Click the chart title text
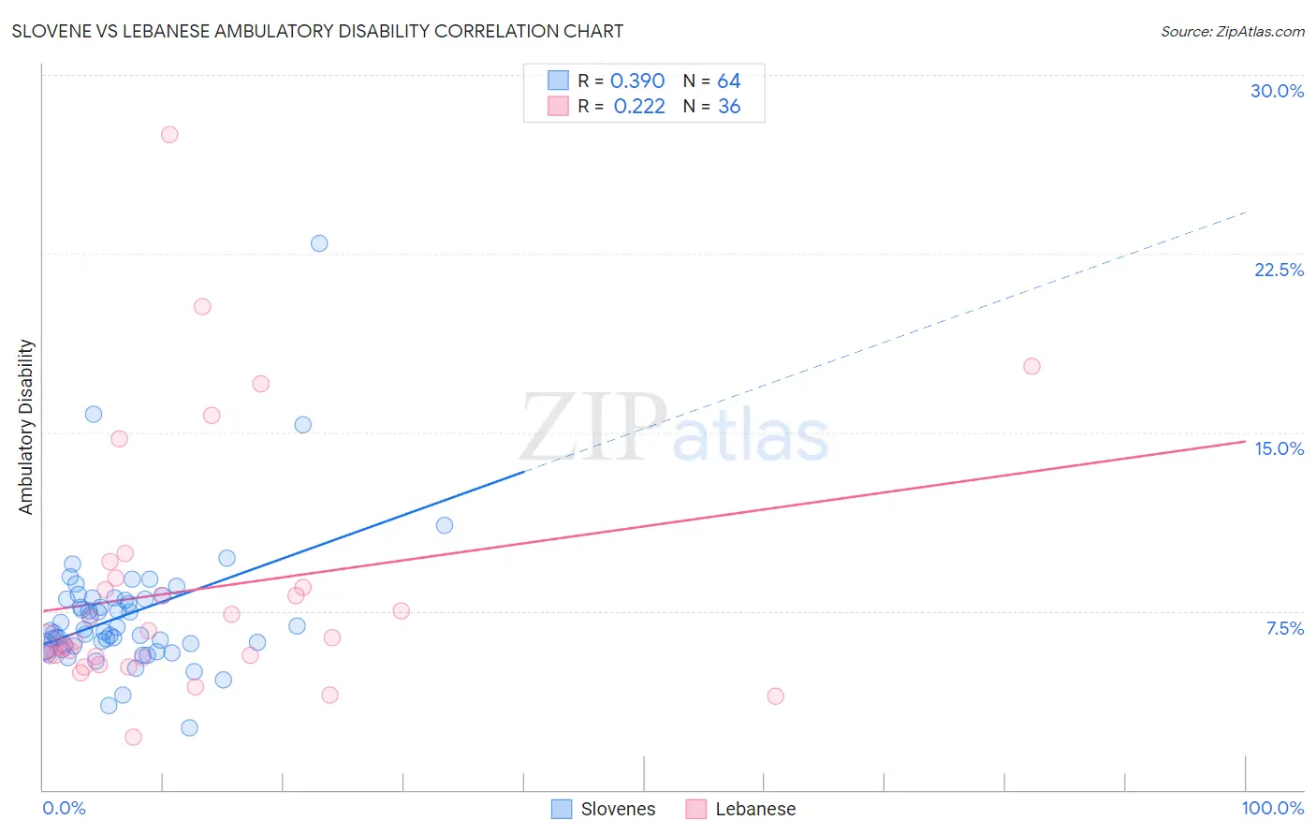[x=317, y=31]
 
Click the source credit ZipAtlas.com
[x=1232, y=31]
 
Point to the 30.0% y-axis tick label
[x=1277, y=91]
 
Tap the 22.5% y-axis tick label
[x=1279, y=270]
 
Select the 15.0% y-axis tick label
[x=1279, y=448]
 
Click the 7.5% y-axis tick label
[x=1284, y=628]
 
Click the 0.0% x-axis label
[x=64, y=808]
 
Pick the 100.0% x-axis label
[x=1272, y=808]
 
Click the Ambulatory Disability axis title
[x=26, y=427]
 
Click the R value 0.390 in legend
[x=636, y=81]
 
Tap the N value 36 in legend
[x=729, y=107]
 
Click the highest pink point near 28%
[x=169, y=134]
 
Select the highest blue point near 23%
[x=319, y=243]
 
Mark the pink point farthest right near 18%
[x=1031, y=366]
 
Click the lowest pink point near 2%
[x=133, y=738]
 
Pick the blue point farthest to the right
[x=445, y=525]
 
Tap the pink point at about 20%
[x=202, y=306]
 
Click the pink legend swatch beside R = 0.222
[x=558, y=106]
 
